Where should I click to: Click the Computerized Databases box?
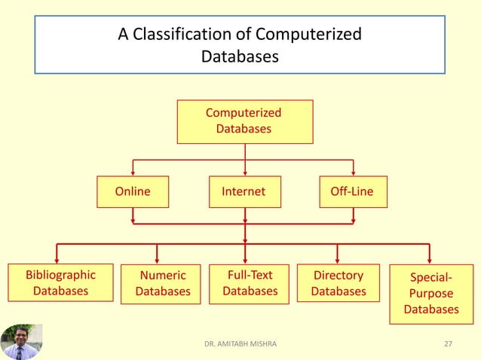click(244, 121)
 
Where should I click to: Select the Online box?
click(133, 191)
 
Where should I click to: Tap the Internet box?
click(244, 191)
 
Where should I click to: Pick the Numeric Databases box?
click(161, 283)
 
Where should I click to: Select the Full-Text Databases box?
click(250, 283)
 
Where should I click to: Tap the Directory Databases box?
click(338, 283)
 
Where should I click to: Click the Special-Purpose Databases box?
click(431, 293)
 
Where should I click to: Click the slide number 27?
click(449, 343)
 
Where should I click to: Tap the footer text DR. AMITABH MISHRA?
click(240, 343)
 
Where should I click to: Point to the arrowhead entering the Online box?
click(133, 172)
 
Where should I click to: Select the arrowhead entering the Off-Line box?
click(354, 172)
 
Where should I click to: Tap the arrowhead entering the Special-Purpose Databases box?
click(429, 259)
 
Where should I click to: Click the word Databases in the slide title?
click(240, 56)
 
